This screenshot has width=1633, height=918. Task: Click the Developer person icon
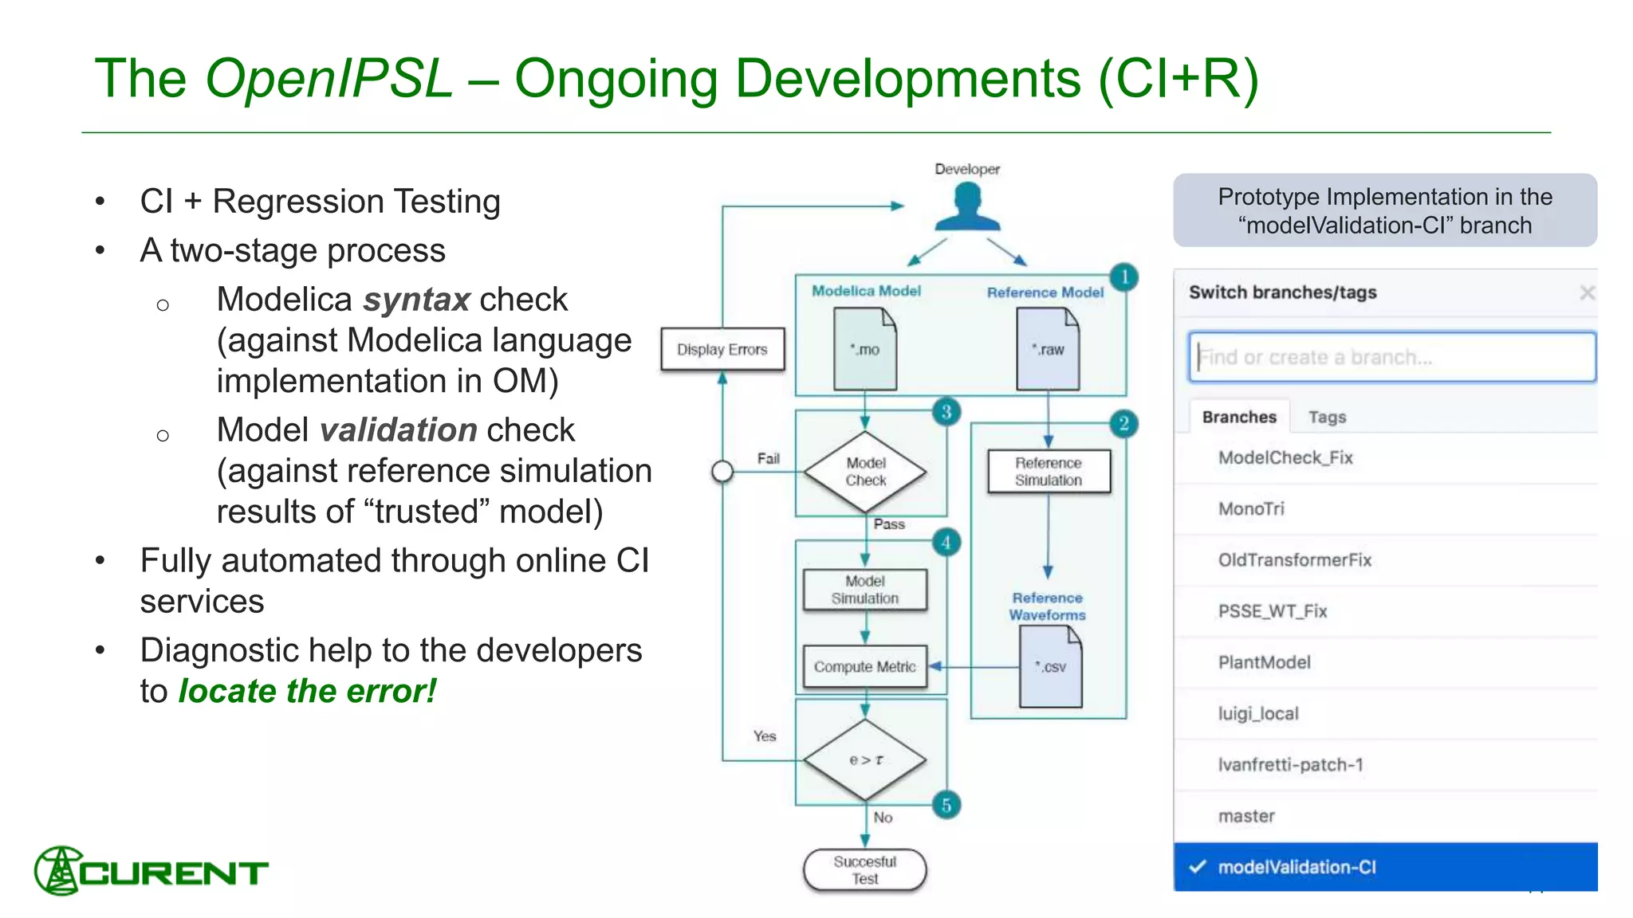[x=967, y=206]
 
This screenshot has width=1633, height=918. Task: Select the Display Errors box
[x=722, y=349]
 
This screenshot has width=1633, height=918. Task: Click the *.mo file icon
[x=865, y=349]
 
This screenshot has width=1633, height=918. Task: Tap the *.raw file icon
[x=1048, y=349]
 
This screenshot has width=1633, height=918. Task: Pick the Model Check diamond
[x=865, y=472]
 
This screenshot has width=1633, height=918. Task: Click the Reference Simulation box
[x=1049, y=472]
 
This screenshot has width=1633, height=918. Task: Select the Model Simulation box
[x=865, y=590]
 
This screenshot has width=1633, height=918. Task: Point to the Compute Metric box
[x=865, y=667]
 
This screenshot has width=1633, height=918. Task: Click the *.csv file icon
[x=1051, y=667]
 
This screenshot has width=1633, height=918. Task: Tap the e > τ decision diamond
[x=865, y=760]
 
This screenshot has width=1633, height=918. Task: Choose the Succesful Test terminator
[x=865, y=870]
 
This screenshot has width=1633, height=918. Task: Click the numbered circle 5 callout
[x=946, y=805]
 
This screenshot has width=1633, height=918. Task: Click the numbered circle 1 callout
[x=1124, y=277]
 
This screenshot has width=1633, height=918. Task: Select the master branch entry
[x=1246, y=816]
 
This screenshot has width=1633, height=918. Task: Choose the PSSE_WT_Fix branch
[x=1273, y=611]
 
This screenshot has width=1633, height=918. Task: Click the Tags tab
[x=1327, y=417]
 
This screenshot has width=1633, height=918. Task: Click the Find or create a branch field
[x=1391, y=357]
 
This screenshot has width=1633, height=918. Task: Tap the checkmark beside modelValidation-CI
[x=1197, y=867]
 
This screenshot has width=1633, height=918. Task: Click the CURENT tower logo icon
[x=57, y=871]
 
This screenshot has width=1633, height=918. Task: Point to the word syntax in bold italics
[x=416, y=300]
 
